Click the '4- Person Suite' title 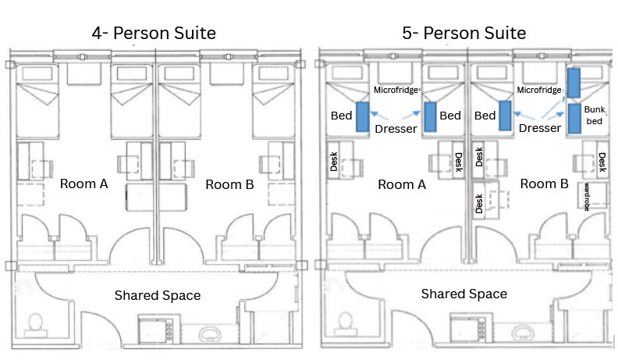[x=153, y=33]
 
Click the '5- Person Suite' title [x=465, y=33]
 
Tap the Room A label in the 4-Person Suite [x=83, y=184]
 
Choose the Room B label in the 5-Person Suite [x=544, y=184]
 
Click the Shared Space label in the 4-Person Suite [x=158, y=295]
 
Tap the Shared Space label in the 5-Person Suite [x=463, y=294]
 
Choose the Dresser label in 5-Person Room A [x=396, y=128]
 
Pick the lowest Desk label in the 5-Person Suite [x=479, y=204]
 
